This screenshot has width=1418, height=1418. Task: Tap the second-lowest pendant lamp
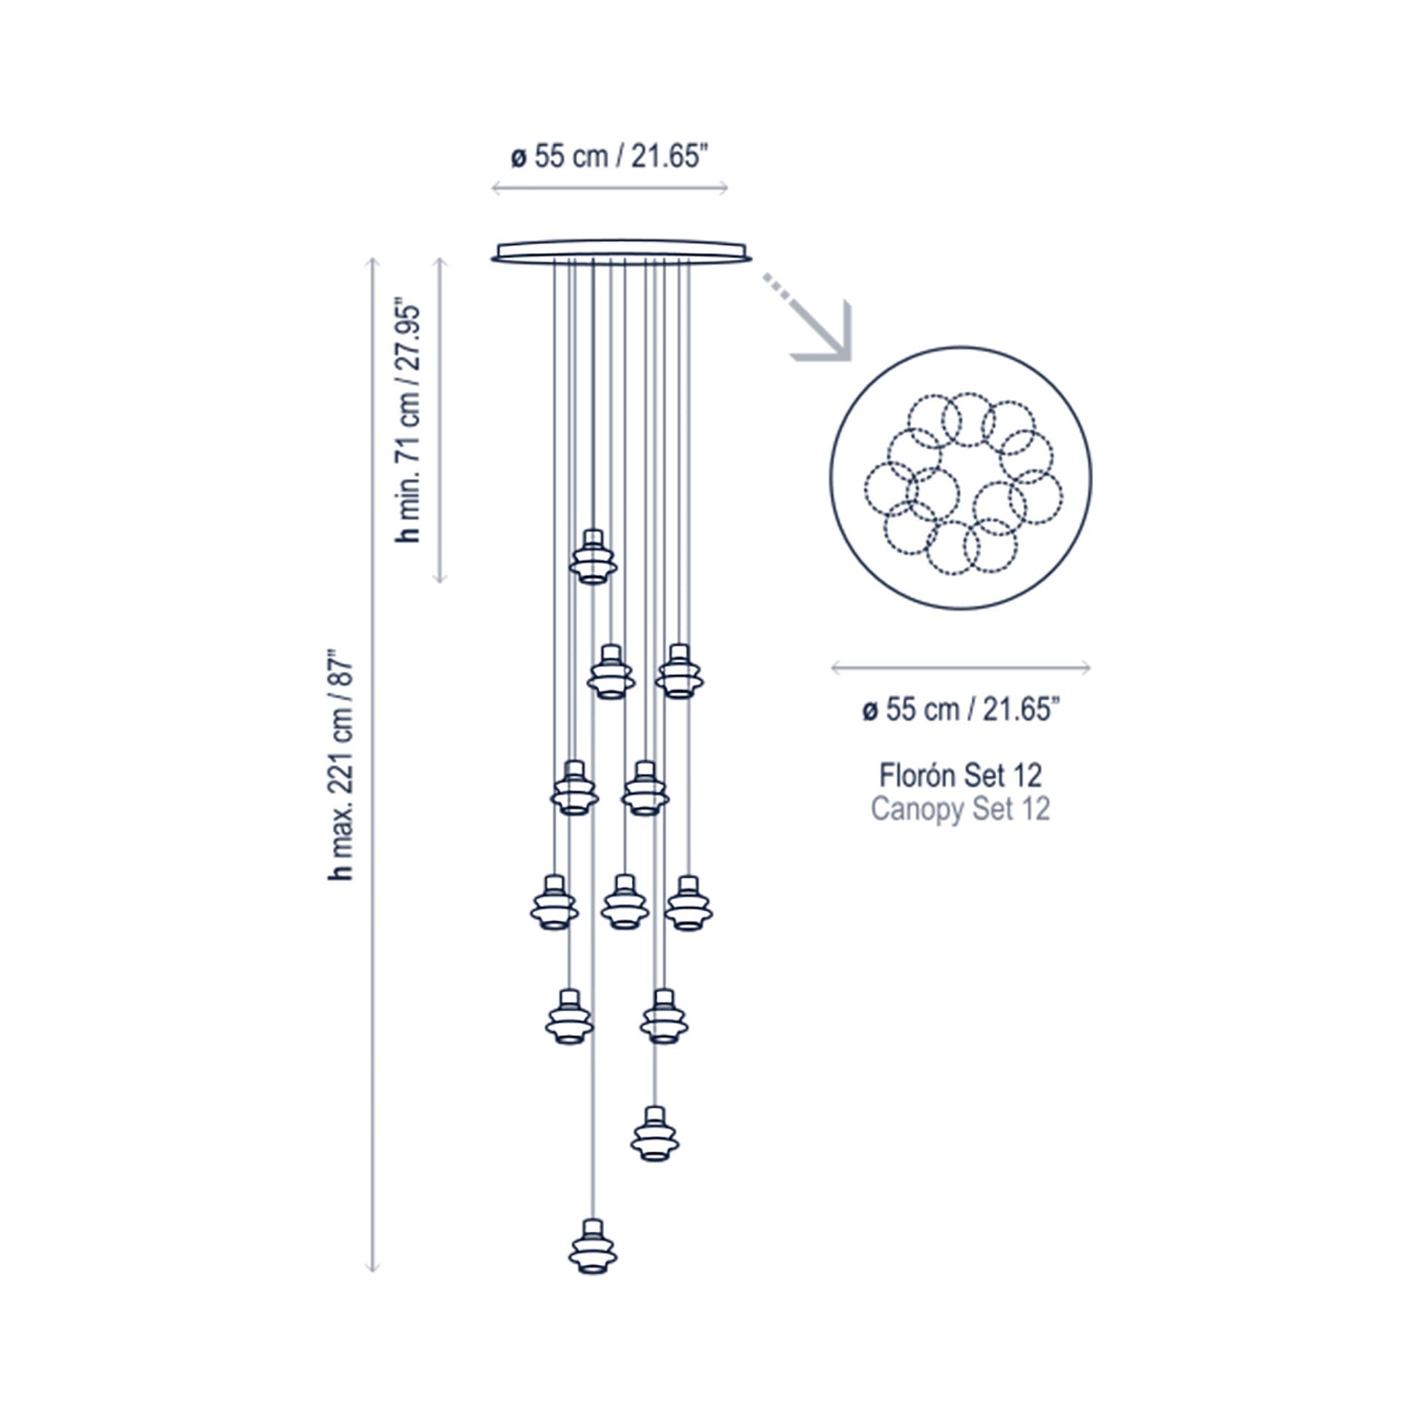(x=654, y=1134)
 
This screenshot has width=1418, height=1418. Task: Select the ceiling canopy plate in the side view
(x=621, y=250)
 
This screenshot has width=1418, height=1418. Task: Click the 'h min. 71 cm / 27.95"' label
(x=408, y=420)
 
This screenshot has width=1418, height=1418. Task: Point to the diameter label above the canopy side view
(x=609, y=157)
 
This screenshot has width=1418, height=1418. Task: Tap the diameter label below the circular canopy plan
(x=960, y=710)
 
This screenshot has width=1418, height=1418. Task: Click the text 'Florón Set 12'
(x=960, y=775)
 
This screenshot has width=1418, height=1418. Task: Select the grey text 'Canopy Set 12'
(x=960, y=809)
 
